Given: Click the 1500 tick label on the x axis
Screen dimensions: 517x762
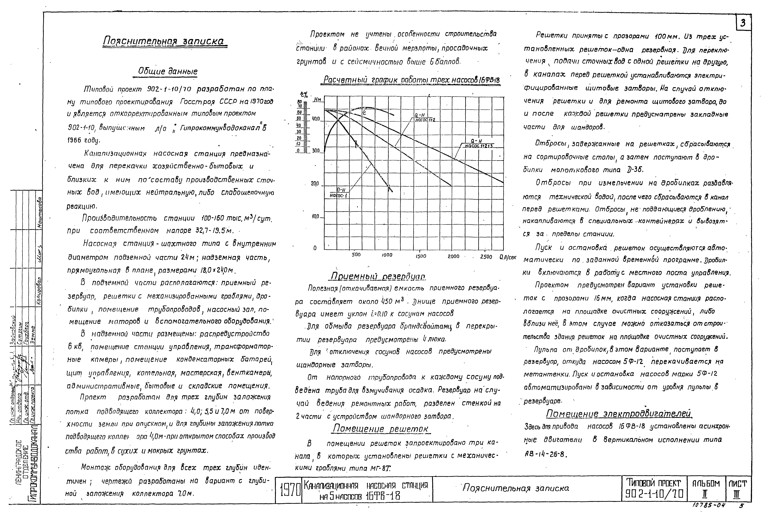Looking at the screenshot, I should [421, 256].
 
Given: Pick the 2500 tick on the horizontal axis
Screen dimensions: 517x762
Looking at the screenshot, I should [486, 256].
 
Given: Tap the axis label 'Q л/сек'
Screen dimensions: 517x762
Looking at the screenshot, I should [508, 257].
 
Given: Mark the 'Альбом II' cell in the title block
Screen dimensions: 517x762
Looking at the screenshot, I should [706, 489].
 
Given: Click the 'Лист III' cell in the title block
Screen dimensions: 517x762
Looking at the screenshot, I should [738, 489].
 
